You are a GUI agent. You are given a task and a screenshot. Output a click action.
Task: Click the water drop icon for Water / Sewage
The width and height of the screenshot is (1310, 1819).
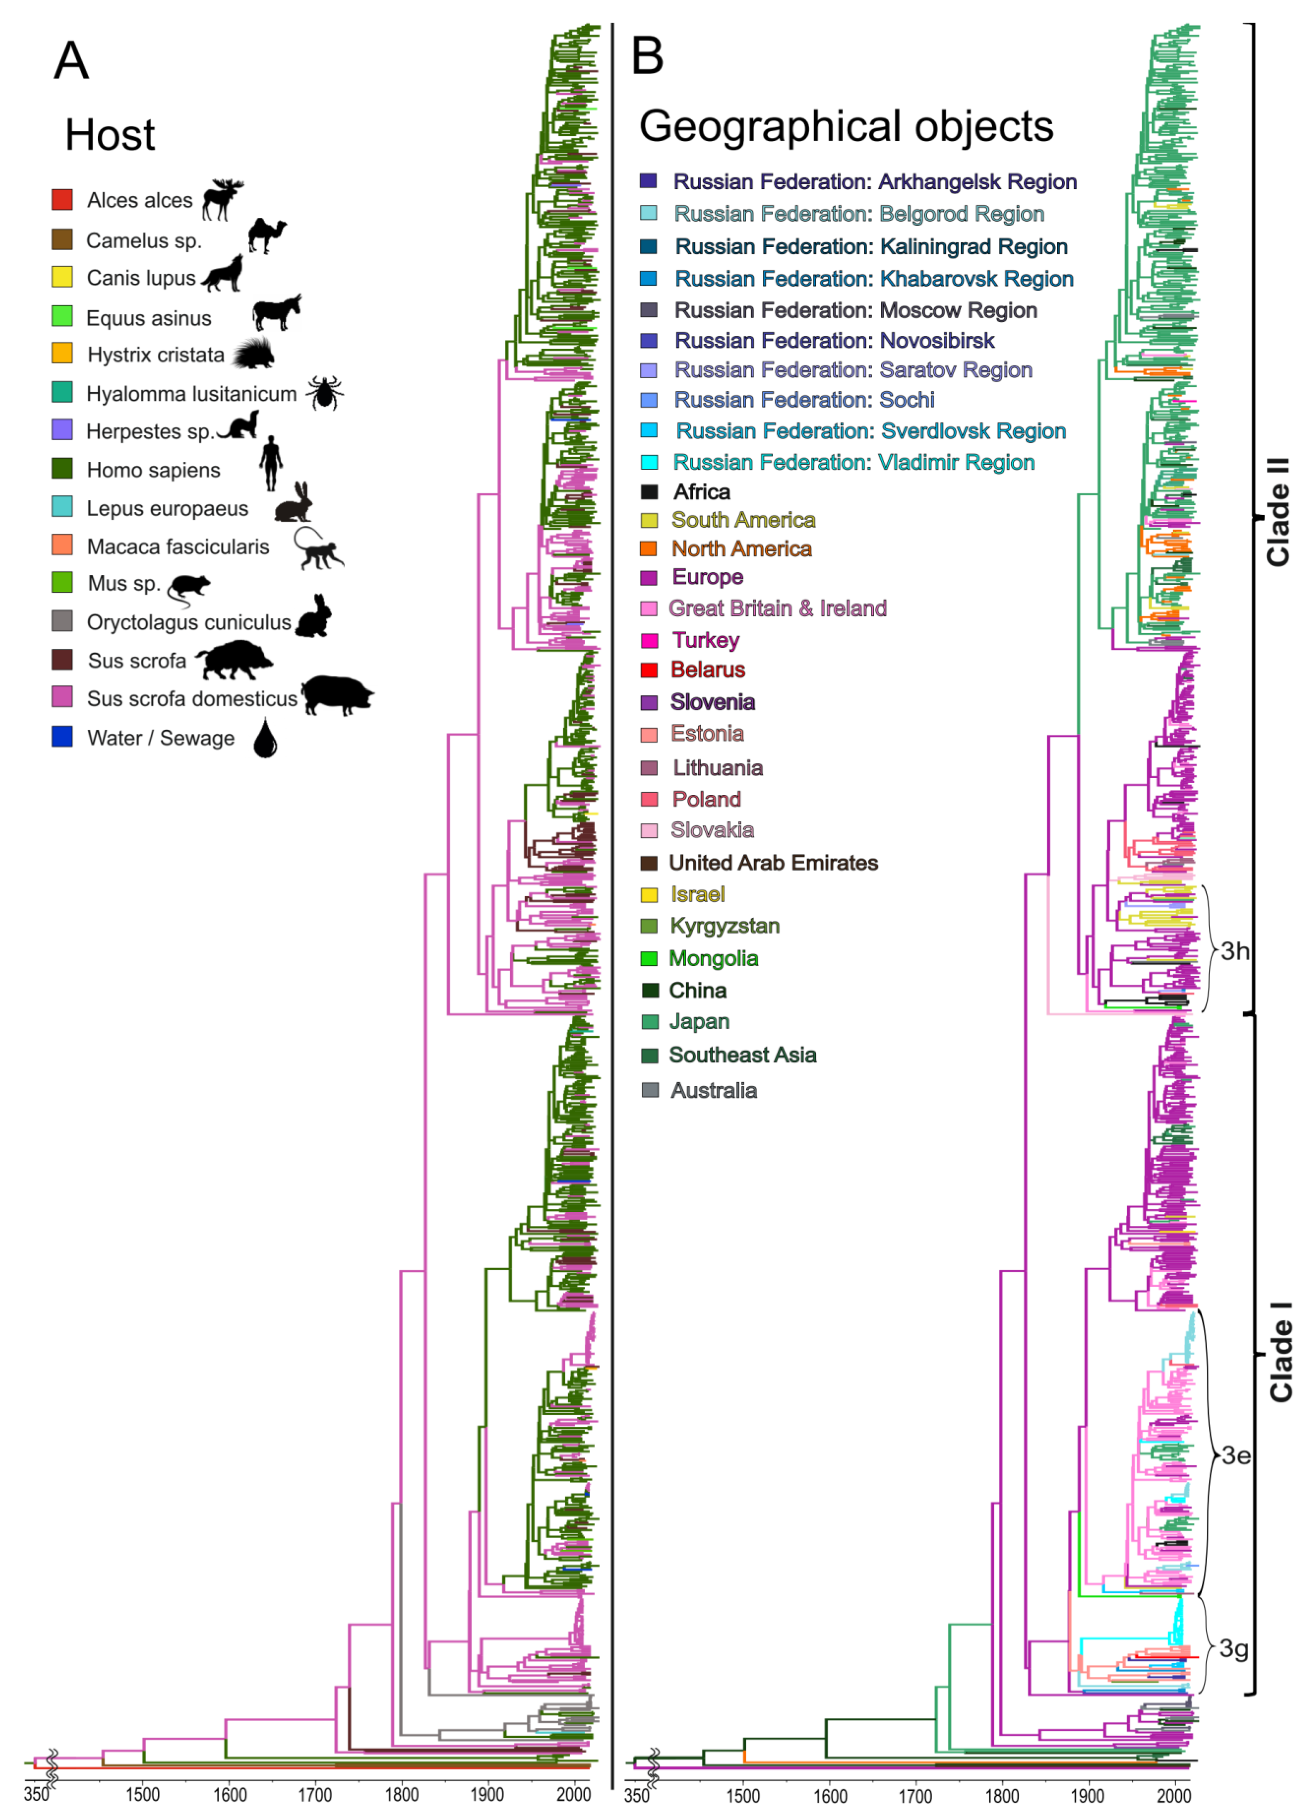(x=265, y=738)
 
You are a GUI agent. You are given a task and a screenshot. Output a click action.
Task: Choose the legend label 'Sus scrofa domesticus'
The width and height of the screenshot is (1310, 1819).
(x=191, y=699)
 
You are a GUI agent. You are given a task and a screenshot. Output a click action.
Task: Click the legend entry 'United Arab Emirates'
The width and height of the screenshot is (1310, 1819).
(x=773, y=863)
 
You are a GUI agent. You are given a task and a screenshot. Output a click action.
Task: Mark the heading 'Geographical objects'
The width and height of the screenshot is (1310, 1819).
(x=846, y=127)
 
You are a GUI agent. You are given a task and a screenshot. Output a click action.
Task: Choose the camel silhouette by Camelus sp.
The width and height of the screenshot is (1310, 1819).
(x=266, y=236)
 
